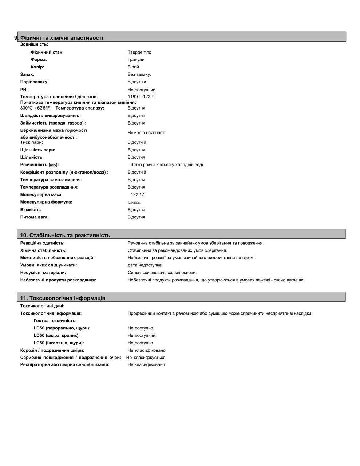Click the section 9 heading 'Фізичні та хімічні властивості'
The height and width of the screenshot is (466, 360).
pos(62,38)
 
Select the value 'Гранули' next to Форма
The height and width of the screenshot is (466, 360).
pos(136,59)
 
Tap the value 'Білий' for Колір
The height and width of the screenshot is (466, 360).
pos(133,67)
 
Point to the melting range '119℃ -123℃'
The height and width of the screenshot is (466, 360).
pos(142,97)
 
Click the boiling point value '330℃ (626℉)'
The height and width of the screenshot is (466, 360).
pos(36,108)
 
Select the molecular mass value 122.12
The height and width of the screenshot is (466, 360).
pos(137,194)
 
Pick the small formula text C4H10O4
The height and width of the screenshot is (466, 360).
pos(134,203)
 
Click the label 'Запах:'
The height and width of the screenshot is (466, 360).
pos(27,74)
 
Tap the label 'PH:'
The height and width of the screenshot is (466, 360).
pos(24,90)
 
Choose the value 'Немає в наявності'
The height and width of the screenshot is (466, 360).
pos(146,133)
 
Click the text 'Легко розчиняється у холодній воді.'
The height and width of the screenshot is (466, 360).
pos(167,165)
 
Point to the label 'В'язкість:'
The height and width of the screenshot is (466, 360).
pos(31,210)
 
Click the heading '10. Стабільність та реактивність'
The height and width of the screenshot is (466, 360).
pos(65,235)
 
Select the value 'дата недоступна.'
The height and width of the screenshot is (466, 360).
pos(145,265)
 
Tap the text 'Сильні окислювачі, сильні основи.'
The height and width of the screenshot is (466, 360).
pos(162,272)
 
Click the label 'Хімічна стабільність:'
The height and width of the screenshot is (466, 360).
pos(43,250)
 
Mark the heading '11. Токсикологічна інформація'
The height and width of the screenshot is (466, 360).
pos(63,298)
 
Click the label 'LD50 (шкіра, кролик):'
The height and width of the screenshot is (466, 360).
pos(56,335)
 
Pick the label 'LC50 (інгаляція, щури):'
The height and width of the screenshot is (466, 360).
pos(59,343)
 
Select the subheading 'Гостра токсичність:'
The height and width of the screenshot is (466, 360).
pos(55,321)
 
